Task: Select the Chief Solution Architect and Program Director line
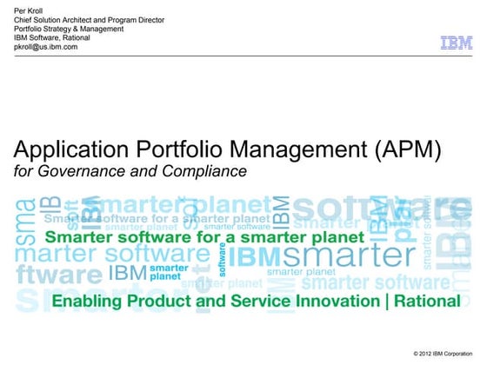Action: coord(89,19)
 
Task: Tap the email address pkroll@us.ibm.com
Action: coord(46,47)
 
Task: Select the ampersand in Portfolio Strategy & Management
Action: coord(81,29)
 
